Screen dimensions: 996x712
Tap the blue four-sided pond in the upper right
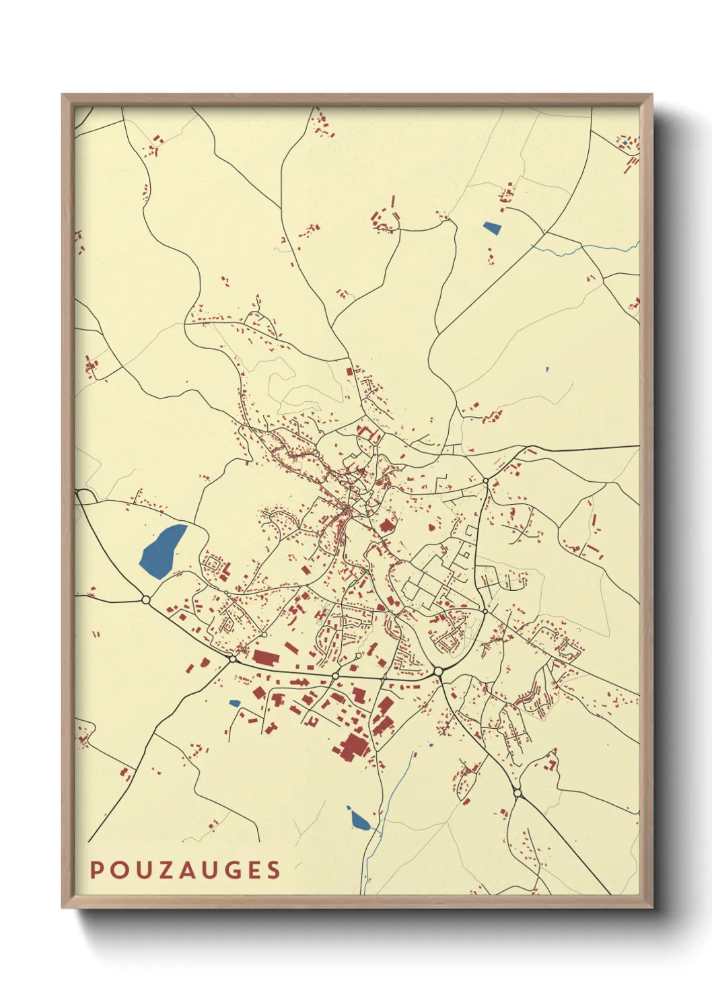(x=493, y=227)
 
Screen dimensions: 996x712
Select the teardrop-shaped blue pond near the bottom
(x=359, y=820)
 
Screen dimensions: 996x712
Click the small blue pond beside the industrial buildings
(x=234, y=703)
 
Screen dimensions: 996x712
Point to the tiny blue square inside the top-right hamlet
(x=625, y=143)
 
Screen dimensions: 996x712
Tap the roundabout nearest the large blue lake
(x=145, y=599)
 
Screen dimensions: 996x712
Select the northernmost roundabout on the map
(x=485, y=481)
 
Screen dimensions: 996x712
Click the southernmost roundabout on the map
(x=517, y=793)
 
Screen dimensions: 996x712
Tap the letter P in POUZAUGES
(x=96, y=869)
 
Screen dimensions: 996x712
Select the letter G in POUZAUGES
(x=232, y=869)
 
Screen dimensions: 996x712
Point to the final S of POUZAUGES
(x=273, y=869)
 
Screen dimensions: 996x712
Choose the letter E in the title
(x=253, y=869)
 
